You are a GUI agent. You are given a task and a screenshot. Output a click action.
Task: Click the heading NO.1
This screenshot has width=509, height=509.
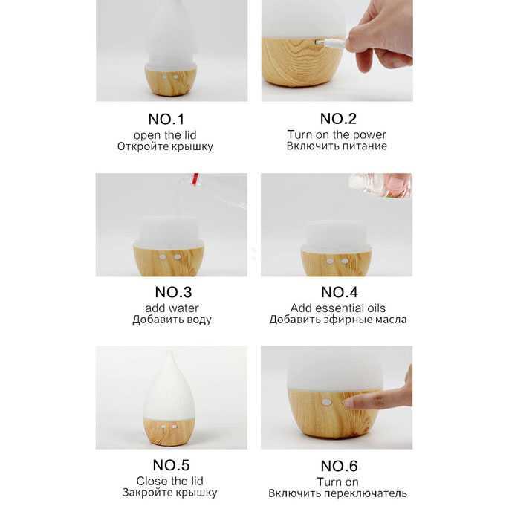pos(166,119)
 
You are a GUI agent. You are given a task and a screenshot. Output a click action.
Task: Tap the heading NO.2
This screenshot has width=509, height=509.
pos(338,119)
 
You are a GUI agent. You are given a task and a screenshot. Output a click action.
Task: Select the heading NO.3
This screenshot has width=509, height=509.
pos(173,292)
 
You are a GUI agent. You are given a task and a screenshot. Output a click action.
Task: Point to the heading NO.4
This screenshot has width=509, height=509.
pos(340,292)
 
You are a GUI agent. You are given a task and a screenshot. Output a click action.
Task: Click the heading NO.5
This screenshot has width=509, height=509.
pos(171,465)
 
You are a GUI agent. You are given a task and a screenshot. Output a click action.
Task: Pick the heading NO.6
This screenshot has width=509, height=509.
pos(339,466)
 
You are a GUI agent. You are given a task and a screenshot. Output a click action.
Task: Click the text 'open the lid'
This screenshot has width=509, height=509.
pos(165,135)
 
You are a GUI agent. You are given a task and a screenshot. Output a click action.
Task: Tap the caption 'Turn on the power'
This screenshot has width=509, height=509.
pos(337,134)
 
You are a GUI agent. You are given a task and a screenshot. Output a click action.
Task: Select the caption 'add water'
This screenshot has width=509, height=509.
pos(172,308)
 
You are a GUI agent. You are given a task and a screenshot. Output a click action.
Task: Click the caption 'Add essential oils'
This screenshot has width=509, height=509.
pos(338,308)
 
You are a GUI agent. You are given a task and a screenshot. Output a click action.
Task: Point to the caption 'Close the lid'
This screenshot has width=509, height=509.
pos(169,481)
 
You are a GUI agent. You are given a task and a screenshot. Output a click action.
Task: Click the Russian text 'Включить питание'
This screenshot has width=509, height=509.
pos(337,146)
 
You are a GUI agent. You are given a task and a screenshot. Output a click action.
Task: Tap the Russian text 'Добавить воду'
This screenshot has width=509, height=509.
pos(172,320)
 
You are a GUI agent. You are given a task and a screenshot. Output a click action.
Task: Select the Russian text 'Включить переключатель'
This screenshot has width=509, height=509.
pos(337,493)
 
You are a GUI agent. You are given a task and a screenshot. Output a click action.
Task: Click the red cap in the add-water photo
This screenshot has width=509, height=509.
pos(195,179)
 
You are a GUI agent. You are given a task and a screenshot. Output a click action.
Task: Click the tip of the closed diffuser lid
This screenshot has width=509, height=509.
pos(169,352)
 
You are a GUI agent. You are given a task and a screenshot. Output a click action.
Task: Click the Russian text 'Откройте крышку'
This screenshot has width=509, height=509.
pos(165,146)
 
